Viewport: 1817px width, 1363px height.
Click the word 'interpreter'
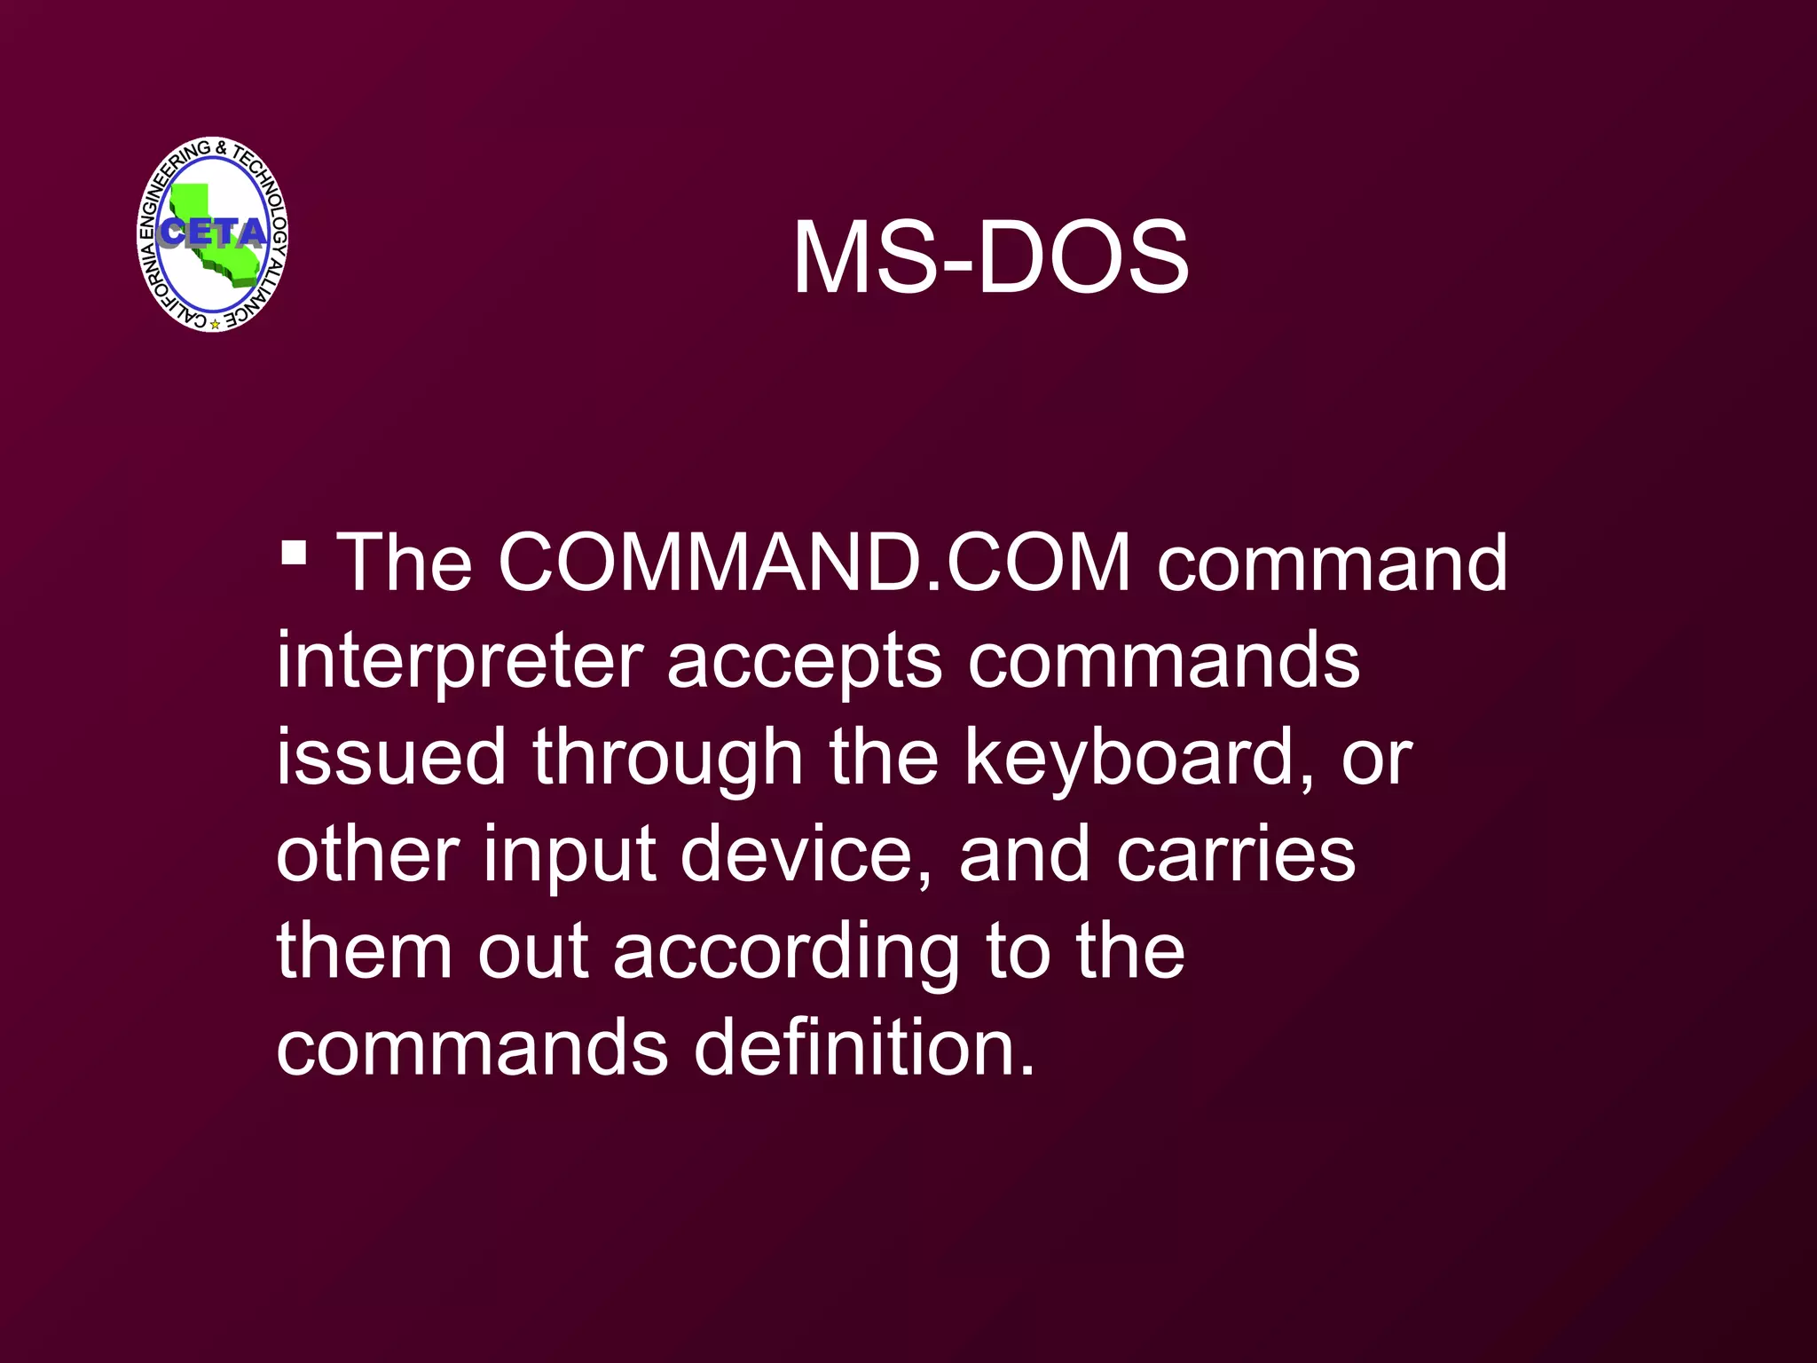(x=460, y=661)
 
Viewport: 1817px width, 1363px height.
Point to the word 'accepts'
(x=804, y=661)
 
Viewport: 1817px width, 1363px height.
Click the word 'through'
(x=667, y=759)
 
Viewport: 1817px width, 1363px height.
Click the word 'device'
(x=796, y=854)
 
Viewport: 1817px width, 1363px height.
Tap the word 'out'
(x=532, y=951)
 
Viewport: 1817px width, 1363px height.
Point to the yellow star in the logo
(x=215, y=325)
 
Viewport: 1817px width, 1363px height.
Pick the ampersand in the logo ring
(x=221, y=147)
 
